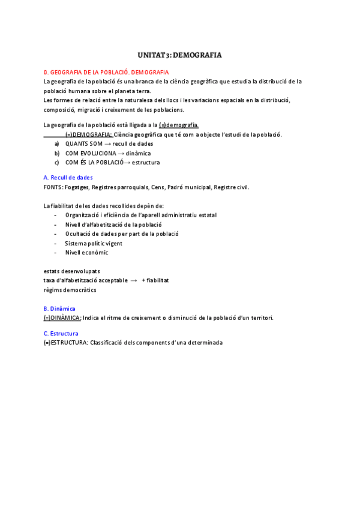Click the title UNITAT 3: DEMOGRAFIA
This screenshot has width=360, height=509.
[x=179, y=55]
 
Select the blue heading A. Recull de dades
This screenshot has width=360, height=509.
[x=68, y=178]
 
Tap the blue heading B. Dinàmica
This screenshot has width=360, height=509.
[x=59, y=309]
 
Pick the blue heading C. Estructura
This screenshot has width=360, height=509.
[x=61, y=333]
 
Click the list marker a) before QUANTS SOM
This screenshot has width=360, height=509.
[x=56, y=144]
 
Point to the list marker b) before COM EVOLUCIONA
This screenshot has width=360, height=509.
[x=56, y=153]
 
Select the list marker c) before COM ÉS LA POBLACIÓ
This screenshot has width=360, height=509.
[x=56, y=163]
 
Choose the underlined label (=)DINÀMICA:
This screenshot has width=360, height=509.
[x=62, y=318]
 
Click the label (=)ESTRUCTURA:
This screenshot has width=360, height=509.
[x=67, y=342]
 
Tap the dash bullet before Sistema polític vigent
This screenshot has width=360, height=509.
[x=56, y=243]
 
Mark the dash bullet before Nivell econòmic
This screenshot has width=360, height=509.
[x=56, y=253]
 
